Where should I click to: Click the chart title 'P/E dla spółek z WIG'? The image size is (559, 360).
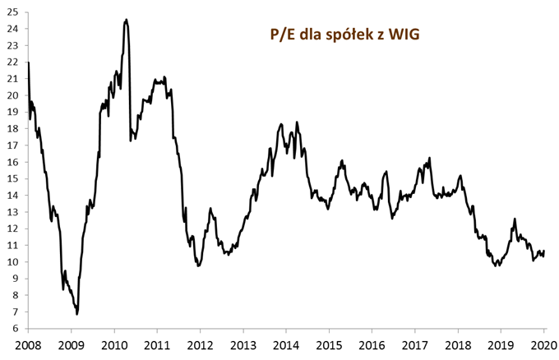pos(334,35)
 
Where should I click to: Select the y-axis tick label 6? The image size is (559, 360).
pos(16,329)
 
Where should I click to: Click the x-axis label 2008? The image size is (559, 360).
pos(28,344)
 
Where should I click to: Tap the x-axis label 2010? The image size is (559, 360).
pos(114,344)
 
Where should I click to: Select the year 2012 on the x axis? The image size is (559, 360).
pos(200,344)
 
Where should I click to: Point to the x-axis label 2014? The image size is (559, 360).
pos(286,344)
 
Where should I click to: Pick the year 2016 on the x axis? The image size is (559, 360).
pos(372,344)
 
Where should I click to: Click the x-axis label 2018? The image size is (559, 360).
pos(458,344)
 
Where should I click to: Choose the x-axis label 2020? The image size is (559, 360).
pos(543,344)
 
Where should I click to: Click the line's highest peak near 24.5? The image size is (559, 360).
pos(125,20)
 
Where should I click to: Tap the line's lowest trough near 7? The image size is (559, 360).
pos(77,314)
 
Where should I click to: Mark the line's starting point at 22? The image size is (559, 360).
pos(29,62)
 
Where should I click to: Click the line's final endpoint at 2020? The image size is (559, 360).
pos(544,251)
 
